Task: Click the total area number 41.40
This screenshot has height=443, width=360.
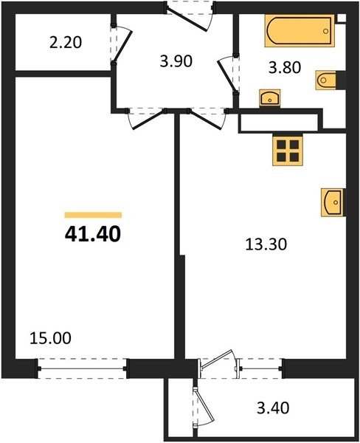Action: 93,235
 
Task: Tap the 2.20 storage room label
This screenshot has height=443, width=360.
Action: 66,43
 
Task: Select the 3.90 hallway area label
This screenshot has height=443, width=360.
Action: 176,61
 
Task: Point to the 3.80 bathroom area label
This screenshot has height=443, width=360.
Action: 285,68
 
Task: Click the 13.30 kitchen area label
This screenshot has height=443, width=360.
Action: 266,244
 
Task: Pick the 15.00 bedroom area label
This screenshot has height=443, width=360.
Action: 50,338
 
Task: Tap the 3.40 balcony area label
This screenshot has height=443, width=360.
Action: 273,408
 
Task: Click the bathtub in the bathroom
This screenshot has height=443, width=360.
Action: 300,31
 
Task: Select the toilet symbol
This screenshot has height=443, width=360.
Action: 326,80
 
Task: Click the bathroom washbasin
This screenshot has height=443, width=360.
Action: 270,98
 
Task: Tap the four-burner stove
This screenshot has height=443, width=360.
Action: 288,151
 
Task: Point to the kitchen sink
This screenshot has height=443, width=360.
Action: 333,202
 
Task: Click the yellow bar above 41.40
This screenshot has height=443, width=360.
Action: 93,215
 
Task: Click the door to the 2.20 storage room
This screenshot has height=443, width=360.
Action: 122,45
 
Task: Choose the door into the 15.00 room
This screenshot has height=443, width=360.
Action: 145,119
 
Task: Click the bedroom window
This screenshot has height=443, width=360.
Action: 82,368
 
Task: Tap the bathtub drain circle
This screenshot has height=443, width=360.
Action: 326,31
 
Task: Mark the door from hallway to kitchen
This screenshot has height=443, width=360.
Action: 207,119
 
